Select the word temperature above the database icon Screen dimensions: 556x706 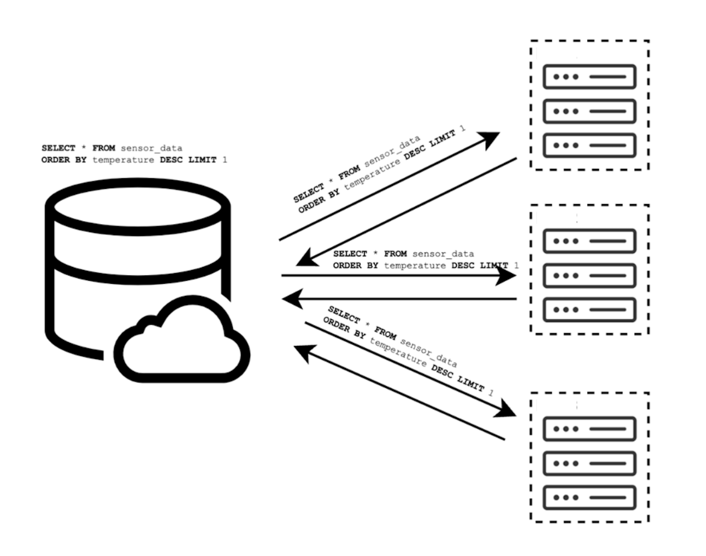click(123, 160)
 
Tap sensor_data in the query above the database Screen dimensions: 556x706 click(151, 148)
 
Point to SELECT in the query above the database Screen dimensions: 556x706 click(58, 148)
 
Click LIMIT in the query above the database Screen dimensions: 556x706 click(202, 160)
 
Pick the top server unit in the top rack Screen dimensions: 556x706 click(589, 77)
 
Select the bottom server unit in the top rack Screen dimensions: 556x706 click(589, 145)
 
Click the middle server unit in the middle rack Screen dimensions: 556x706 click(589, 275)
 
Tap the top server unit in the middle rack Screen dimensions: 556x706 click(589, 241)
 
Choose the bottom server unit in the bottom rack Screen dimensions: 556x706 click(589, 498)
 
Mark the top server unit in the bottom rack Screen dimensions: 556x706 click(589, 429)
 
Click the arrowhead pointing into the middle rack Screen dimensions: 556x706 click(506, 275)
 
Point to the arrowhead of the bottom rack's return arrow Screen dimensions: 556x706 click(302, 351)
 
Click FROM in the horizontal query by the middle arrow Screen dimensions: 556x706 click(395, 254)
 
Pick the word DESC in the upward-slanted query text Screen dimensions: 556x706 click(416, 152)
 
